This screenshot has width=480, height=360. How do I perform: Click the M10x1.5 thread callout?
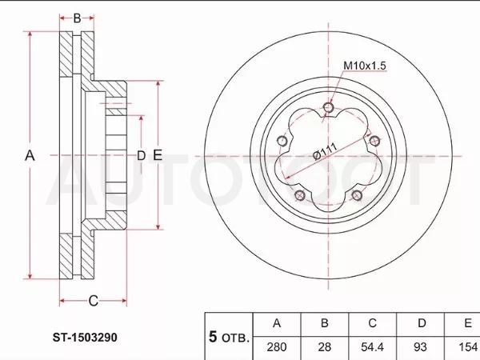click(x=365, y=66)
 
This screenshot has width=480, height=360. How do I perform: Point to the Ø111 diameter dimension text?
click(x=326, y=151)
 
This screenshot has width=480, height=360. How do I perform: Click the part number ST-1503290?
click(x=85, y=338)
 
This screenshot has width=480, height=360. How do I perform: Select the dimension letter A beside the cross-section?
click(x=30, y=155)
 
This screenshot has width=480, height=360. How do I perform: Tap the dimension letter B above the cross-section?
click(x=77, y=18)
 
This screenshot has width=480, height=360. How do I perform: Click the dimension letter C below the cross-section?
click(x=94, y=301)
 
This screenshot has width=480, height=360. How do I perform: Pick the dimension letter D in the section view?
click(x=141, y=156)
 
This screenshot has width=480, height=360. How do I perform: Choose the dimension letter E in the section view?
click(x=158, y=155)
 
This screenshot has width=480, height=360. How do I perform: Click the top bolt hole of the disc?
click(x=329, y=107)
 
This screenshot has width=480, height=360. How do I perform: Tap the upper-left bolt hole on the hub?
click(x=282, y=141)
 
